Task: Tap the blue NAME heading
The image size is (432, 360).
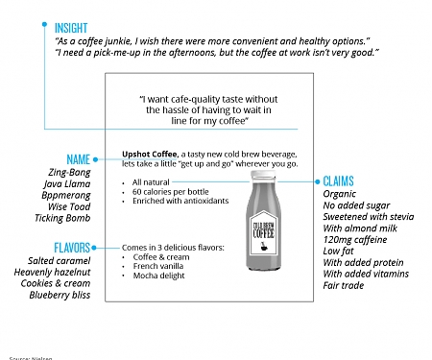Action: click(78, 158)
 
